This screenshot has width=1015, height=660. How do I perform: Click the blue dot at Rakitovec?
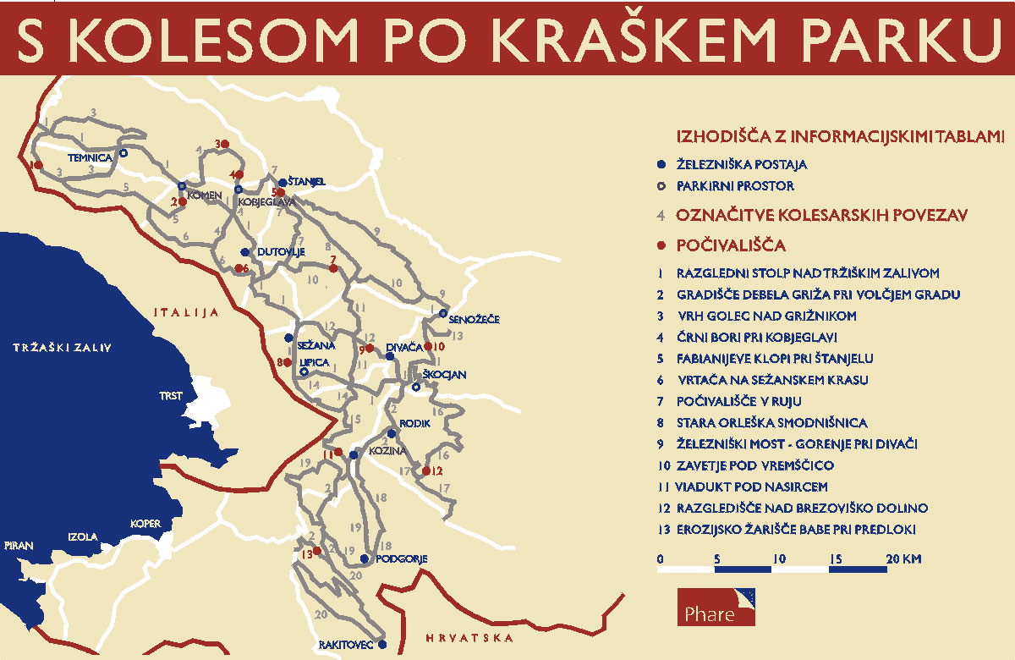click(x=382, y=644)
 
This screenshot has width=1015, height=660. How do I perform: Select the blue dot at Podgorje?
click(x=365, y=558)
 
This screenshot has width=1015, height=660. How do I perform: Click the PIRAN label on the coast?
click(x=18, y=545)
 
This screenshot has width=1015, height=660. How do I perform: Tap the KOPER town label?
click(x=145, y=524)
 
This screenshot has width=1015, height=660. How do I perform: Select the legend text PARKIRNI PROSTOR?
click(x=735, y=186)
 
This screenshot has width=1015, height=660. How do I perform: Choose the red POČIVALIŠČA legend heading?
click(x=731, y=245)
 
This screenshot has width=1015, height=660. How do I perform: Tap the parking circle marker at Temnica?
click(x=123, y=153)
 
